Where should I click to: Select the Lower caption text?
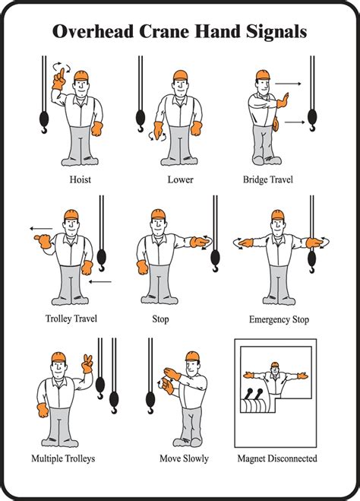point(180,179)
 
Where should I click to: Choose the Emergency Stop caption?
point(279,319)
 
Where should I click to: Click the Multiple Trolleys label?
point(63,458)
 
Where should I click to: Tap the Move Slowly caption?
point(184,458)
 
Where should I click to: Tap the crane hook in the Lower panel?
point(141,118)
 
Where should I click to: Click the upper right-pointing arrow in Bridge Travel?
point(288,83)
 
